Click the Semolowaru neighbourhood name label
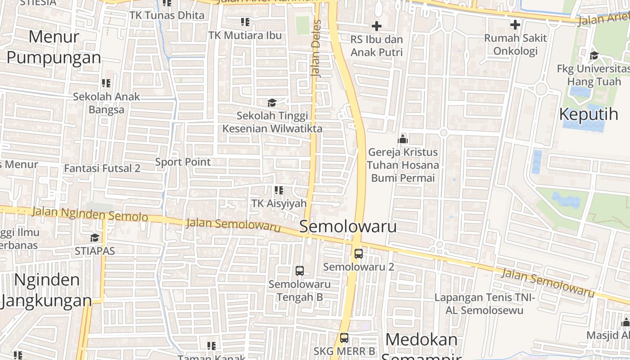348,226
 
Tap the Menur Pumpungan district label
54,47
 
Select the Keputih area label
589,114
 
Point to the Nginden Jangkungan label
46,290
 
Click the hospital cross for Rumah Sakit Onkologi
515,25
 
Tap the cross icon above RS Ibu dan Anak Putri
377,27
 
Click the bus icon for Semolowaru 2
359,253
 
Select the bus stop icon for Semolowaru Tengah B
300,271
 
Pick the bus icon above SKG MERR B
344,338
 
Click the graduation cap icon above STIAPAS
94,238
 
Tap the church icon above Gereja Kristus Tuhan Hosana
403,139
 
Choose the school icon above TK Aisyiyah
279,190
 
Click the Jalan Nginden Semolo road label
90,214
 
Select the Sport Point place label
183,162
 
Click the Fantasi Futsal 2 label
102,168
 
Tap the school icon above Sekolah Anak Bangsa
106,83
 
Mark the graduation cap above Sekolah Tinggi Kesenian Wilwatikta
272,103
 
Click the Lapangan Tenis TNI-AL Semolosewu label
484,304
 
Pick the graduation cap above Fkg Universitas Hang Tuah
594,56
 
